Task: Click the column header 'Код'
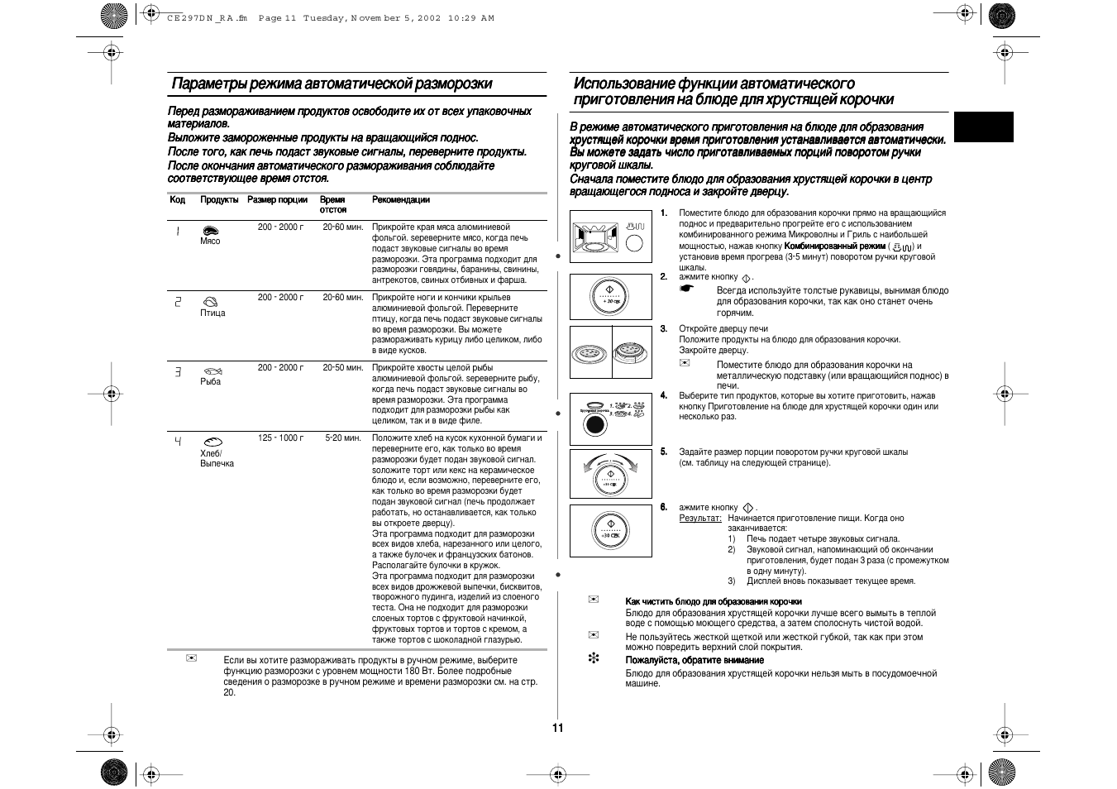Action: coord(177,200)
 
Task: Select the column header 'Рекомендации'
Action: coord(401,200)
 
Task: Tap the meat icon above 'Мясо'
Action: coord(210,231)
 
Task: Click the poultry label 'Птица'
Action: coord(212,313)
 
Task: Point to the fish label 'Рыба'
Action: coord(210,382)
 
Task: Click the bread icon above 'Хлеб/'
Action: coord(212,442)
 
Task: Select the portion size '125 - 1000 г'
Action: coord(280,438)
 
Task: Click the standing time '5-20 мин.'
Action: coord(343,438)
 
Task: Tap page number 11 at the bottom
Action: coord(558,728)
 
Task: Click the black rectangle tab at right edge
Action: coord(983,127)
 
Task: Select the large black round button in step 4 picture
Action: coord(594,425)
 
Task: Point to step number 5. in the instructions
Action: coord(663,452)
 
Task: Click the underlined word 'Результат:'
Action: coord(699,519)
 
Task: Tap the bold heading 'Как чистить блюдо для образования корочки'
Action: coord(714,601)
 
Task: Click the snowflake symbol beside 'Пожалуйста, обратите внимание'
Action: coord(593,660)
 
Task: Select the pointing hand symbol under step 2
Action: coord(685,289)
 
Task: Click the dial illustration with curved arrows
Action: coord(611,473)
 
